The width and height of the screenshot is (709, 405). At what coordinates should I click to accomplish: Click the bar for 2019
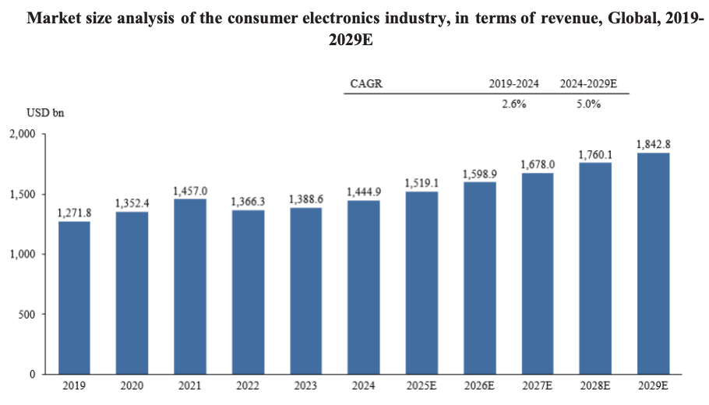tap(74, 298)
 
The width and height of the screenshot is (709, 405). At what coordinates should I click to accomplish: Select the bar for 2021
tap(189, 287)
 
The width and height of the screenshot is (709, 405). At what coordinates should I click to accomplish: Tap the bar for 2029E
tap(653, 263)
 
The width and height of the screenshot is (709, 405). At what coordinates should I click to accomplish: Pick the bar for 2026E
tap(479, 278)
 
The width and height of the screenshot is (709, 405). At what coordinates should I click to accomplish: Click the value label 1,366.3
tap(247, 202)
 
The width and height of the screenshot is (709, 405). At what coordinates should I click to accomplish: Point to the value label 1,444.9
tap(363, 192)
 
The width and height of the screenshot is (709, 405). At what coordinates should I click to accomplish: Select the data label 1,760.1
tap(595, 155)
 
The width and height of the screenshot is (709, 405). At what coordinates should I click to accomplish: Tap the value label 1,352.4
tap(132, 203)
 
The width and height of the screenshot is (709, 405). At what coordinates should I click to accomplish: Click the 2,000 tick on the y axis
tap(23, 134)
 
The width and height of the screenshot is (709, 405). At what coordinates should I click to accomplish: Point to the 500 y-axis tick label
tap(27, 315)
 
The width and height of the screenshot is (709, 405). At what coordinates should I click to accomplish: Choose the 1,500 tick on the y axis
tap(23, 194)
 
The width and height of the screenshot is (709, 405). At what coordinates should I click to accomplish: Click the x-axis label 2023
tap(305, 386)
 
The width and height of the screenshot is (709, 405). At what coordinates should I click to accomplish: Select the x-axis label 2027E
tap(537, 386)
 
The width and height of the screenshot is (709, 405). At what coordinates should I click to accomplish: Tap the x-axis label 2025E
tap(422, 386)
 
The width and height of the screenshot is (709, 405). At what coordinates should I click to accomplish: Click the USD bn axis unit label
tap(44, 112)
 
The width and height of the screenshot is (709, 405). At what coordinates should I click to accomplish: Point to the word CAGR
tap(366, 83)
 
